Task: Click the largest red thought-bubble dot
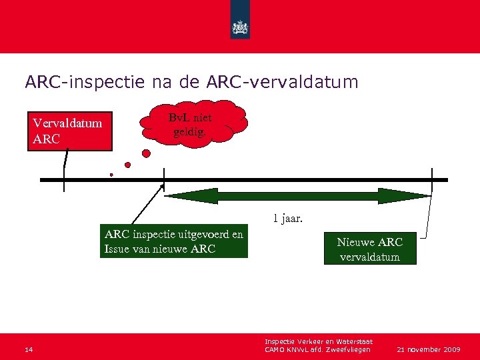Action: tap(146, 153)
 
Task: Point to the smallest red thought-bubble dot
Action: tap(111, 175)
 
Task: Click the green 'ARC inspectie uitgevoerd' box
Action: tap(174, 241)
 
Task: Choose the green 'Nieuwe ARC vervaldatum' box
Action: tap(370, 249)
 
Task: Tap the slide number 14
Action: tap(27, 349)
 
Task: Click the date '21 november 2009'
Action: tap(428, 349)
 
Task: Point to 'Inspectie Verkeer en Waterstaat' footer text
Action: tap(318, 342)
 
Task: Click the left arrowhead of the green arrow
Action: tap(175, 196)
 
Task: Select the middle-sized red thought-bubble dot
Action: tap(127, 165)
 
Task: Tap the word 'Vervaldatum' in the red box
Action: tap(67, 123)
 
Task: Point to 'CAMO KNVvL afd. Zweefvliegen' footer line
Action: tap(317, 350)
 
